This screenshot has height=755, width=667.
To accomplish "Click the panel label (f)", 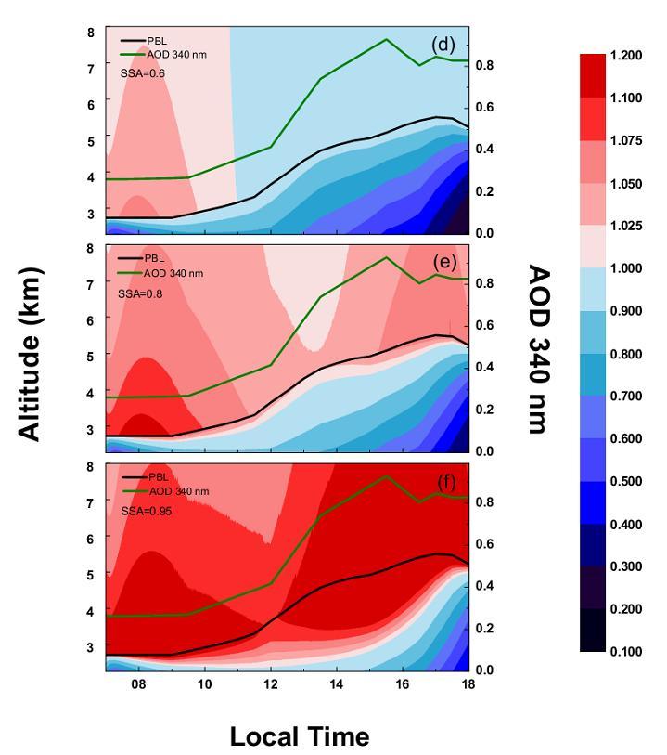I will tap(446, 482).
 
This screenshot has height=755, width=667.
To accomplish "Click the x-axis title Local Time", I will tap(299, 737).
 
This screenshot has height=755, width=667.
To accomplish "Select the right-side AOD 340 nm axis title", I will tap(538, 349).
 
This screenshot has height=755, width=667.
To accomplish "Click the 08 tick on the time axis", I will tap(138, 684).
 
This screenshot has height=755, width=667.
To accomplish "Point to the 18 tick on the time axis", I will tap(468, 684).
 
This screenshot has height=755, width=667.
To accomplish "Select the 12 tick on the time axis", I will tap(271, 684).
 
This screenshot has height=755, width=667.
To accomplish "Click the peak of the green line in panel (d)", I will tap(386, 39).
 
